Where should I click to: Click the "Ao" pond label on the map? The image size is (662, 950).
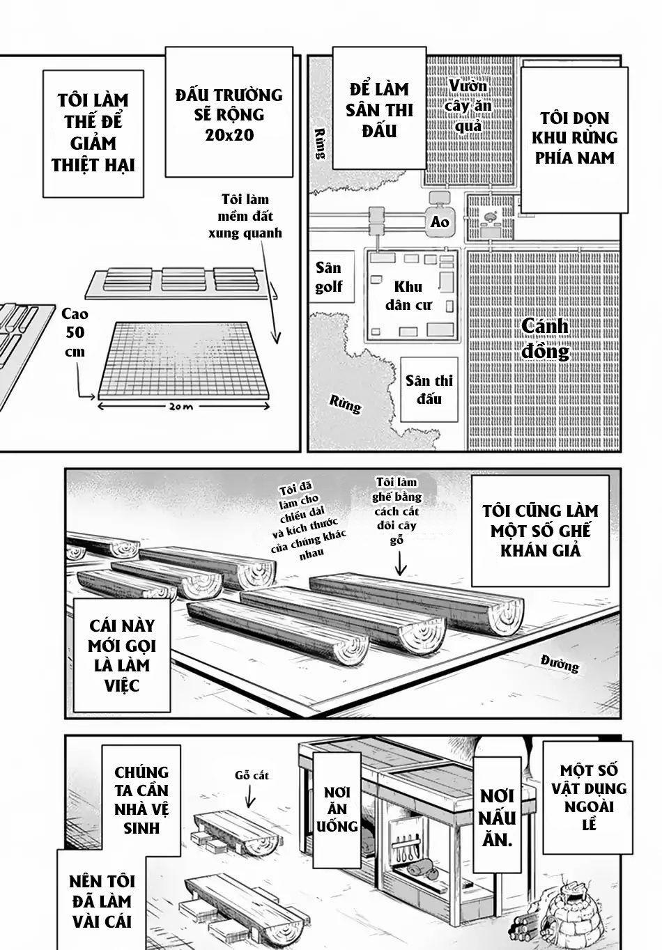440,222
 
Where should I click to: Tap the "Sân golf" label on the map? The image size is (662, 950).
328,277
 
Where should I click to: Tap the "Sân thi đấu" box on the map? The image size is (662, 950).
430,389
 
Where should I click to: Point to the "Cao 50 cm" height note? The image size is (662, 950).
74,333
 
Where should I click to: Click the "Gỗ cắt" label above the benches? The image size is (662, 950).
252,775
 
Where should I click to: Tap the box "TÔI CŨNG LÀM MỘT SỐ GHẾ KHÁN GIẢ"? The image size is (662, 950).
539,530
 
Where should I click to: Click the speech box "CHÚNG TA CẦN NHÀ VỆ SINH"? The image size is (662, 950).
142,800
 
